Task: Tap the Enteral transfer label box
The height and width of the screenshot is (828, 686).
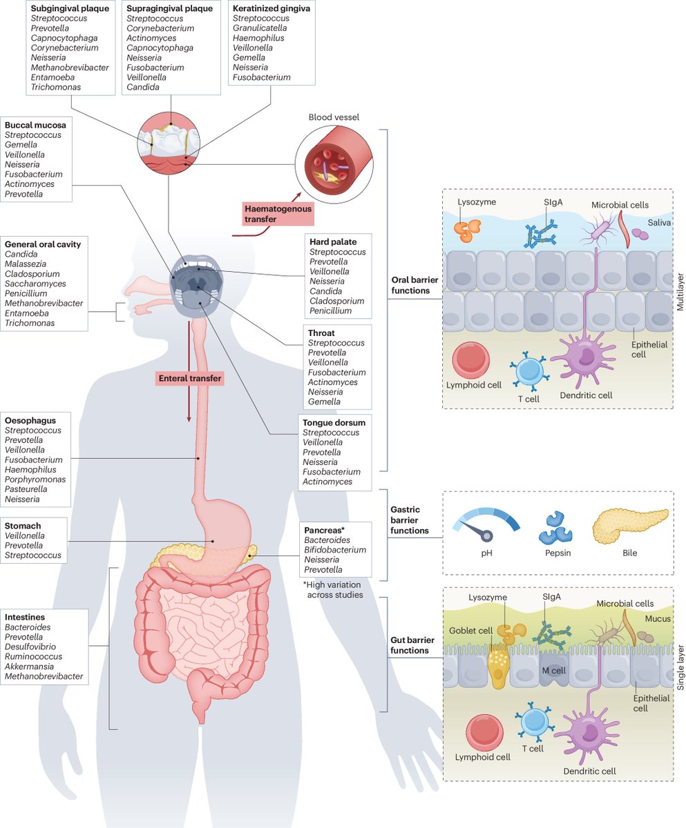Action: (189, 378)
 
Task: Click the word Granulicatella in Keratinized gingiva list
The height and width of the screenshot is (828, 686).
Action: (260, 28)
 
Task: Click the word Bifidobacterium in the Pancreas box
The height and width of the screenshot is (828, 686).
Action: (334, 550)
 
